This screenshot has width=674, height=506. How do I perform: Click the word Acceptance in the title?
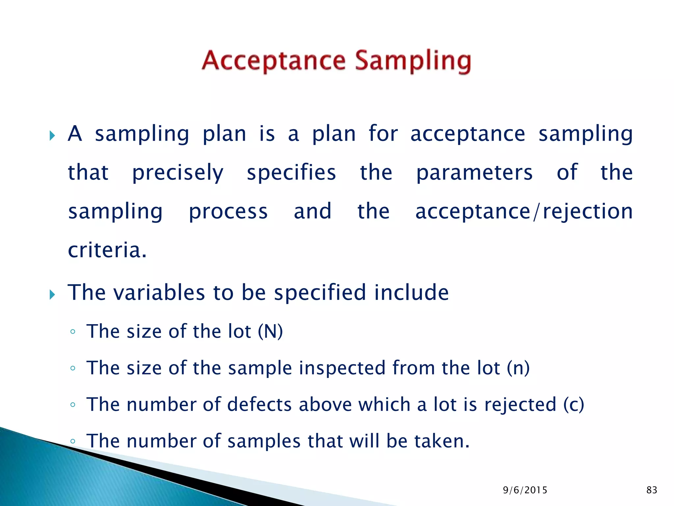click(274, 61)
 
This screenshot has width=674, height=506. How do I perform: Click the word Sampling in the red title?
click(413, 61)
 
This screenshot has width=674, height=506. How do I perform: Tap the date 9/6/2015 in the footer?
click(525, 490)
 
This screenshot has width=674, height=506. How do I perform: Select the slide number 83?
click(652, 490)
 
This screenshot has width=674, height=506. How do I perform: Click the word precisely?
click(178, 173)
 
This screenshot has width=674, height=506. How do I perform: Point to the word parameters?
click(474, 173)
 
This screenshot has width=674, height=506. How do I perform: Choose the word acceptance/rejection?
click(524, 211)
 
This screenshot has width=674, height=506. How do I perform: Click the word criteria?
click(107, 250)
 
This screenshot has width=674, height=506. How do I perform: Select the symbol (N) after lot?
click(270, 331)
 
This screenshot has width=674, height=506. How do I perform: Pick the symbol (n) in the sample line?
click(518, 368)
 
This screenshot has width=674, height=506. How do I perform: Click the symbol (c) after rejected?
click(574, 405)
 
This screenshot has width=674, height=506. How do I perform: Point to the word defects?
click(259, 405)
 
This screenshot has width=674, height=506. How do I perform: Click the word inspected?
click(342, 368)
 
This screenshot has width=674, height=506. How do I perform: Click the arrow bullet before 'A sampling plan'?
click(52, 135)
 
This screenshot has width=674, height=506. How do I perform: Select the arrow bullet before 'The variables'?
click(52, 294)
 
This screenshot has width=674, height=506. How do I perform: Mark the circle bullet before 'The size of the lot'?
click(73, 332)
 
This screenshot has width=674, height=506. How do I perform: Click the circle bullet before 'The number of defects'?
click(73, 405)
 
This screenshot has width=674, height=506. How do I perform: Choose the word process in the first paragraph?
click(228, 212)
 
